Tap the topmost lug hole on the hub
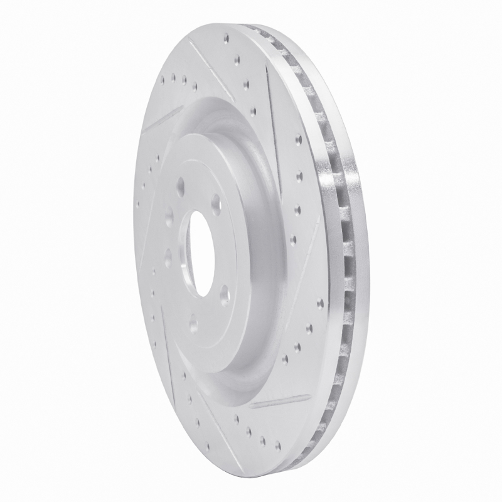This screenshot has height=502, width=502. point(181,184)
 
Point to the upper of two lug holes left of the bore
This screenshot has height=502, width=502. point(169,219)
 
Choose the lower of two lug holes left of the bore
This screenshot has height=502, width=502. point(168,255)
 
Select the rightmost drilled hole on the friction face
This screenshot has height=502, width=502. point(320,304)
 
